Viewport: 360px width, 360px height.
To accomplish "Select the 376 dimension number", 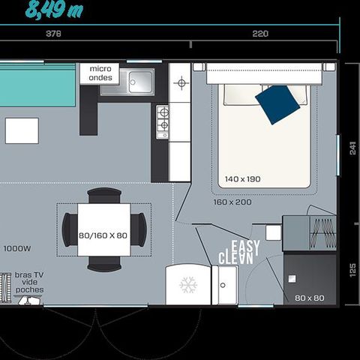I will [x=53, y=34].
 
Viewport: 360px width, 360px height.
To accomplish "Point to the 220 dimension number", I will [x=260, y=34].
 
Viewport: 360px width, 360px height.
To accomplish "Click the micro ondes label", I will [x=100, y=73].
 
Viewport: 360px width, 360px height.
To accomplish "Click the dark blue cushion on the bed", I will [x=277, y=104].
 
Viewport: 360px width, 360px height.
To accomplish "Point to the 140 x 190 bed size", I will [x=241, y=179].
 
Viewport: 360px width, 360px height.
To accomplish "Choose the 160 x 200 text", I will [x=232, y=202].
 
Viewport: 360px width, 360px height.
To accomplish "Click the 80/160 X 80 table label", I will [x=103, y=235].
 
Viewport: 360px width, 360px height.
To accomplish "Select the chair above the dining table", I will [x=104, y=196].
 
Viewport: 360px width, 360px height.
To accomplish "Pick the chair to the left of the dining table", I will [x=67, y=229].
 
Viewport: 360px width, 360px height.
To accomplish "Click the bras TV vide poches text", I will [x=29, y=283].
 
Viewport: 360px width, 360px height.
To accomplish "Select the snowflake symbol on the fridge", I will [x=187, y=284].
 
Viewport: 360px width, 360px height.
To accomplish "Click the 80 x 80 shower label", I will [x=309, y=298].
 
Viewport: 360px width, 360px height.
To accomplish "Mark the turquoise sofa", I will [x=37, y=91].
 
